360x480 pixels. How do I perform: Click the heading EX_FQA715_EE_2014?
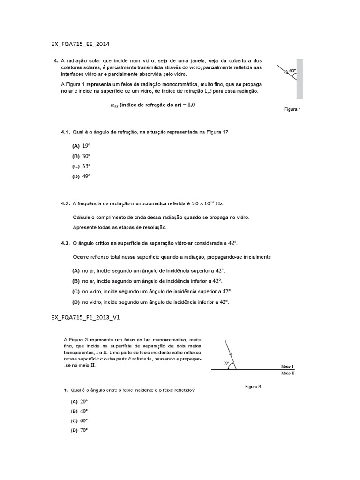[80, 44]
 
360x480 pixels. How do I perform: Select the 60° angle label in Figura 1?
[292, 71]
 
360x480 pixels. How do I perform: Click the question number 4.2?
[65, 204]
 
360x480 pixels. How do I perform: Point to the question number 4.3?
[65, 243]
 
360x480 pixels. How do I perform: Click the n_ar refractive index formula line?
[152, 105]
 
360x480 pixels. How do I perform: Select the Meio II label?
[287, 374]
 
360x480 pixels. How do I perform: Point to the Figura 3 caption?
[253, 387]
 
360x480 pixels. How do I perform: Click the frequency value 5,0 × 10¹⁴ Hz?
[207, 204]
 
